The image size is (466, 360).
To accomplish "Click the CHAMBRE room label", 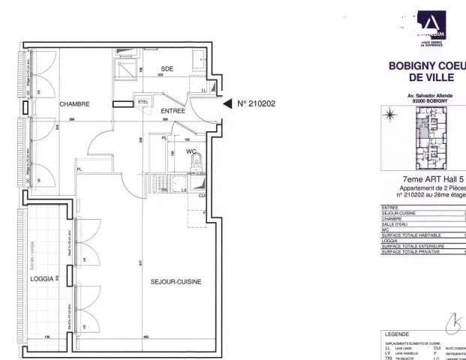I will pos(75,104).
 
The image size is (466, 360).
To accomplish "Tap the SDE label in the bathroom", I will pos(167,69).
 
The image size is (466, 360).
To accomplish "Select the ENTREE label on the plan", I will pos(174,110).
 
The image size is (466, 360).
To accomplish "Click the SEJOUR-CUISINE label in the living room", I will pos(176,281).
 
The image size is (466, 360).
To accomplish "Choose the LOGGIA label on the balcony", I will pos(42,279).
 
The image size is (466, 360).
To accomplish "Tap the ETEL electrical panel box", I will pos(143,100).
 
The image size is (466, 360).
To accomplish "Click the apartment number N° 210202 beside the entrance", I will pos(257,103).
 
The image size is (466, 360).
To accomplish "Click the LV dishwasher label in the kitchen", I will pos(184,190).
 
